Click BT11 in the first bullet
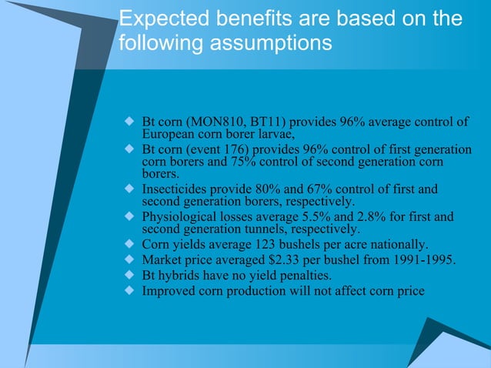(257, 123)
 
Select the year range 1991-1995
(422, 259)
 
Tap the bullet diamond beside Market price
(129, 259)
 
